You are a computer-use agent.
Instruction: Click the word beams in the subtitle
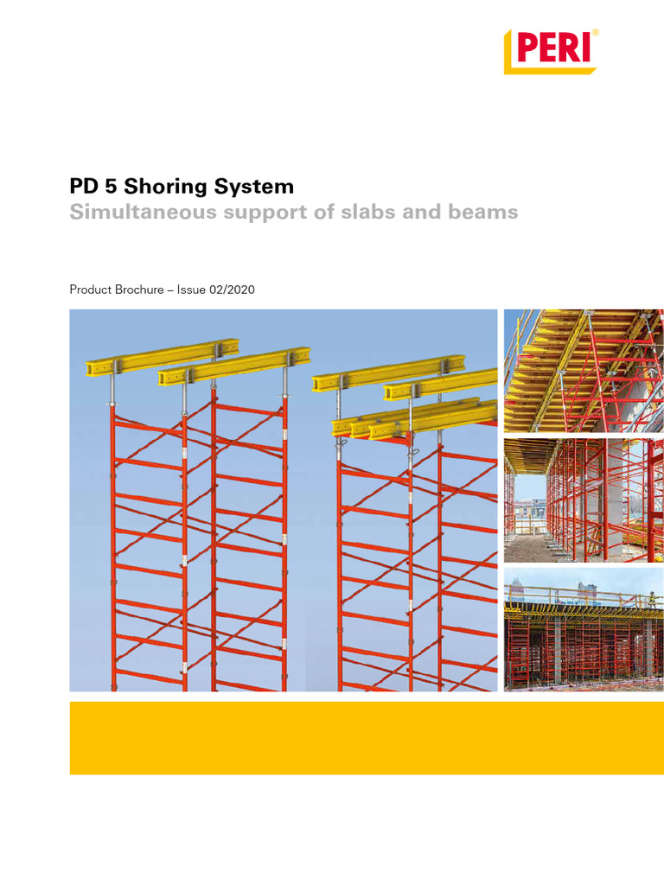coord(485,213)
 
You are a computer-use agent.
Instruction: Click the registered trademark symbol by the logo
coord(595,33)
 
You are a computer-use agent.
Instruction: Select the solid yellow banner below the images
coord(367,737)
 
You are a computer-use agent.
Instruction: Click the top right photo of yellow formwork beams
coord(584,371)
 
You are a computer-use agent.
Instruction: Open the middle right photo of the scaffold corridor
coord(584,500)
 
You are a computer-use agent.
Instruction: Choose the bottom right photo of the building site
coord(584,628)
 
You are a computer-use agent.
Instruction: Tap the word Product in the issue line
coord(91,290)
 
